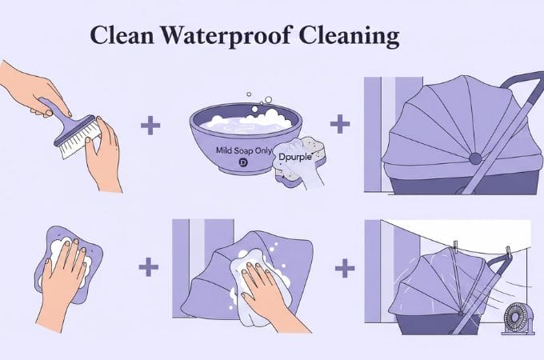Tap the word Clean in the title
(122, 35)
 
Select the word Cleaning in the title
(349, 36)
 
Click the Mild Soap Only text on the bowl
(244, 151)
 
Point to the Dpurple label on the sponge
(295, 157)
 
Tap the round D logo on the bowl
(243, 162)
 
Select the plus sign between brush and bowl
(150, 126)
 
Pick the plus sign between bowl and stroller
(340, 124)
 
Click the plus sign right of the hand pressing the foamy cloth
(149, 267)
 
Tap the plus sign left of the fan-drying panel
(345, 268)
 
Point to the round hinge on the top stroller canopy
(475, 159)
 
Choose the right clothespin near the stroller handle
(508, 252)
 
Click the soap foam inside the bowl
(247, 122)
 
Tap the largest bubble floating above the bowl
(268, 100)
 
